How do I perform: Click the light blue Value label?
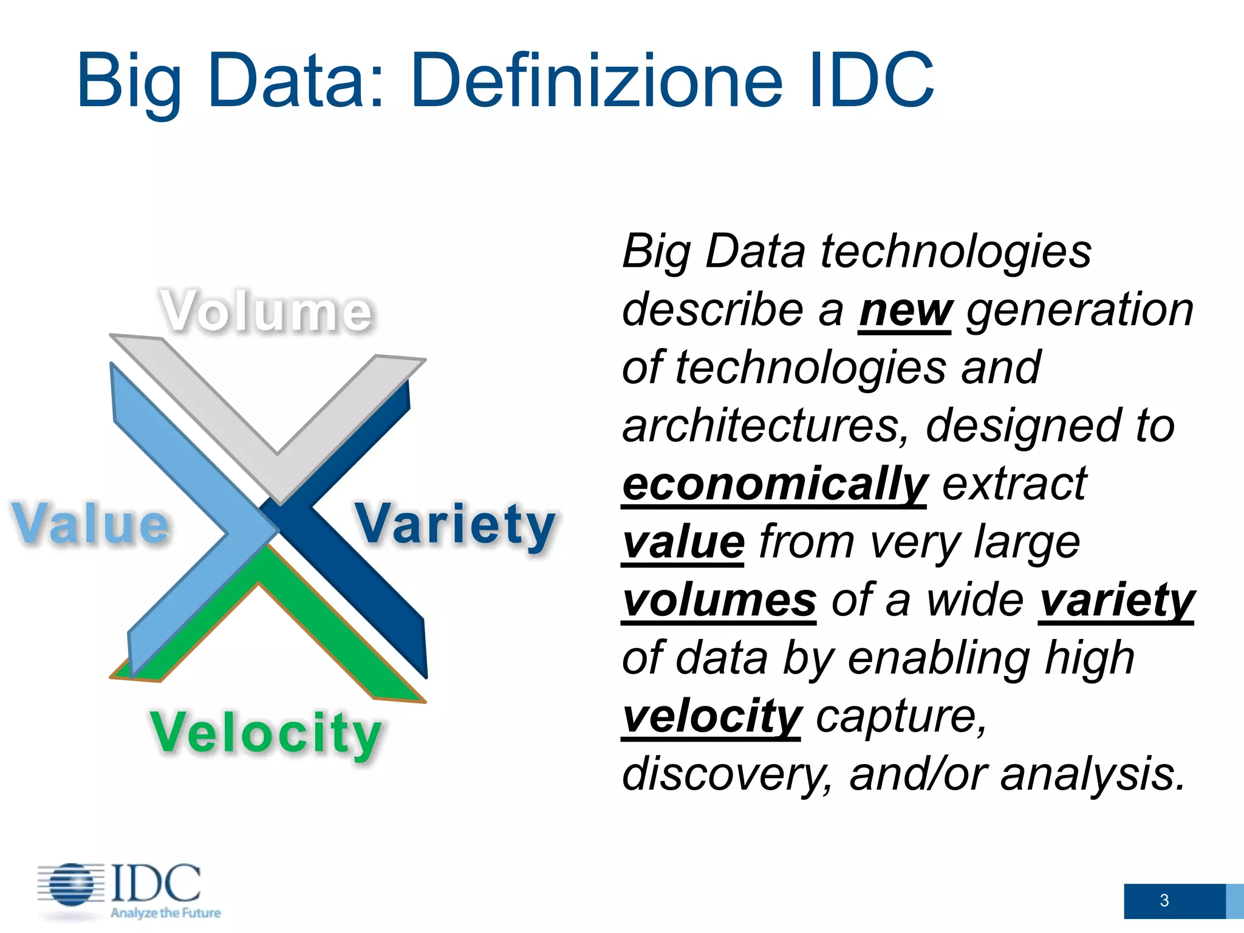point(91,524)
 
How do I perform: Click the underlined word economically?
point(774,485)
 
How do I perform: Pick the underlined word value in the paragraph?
point(683,542)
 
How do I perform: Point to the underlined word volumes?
point(719,601)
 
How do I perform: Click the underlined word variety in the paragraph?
point(1116,601)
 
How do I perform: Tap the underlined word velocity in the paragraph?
point(711,717)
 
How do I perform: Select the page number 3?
point(1164,900)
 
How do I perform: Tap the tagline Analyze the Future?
point(165,913)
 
